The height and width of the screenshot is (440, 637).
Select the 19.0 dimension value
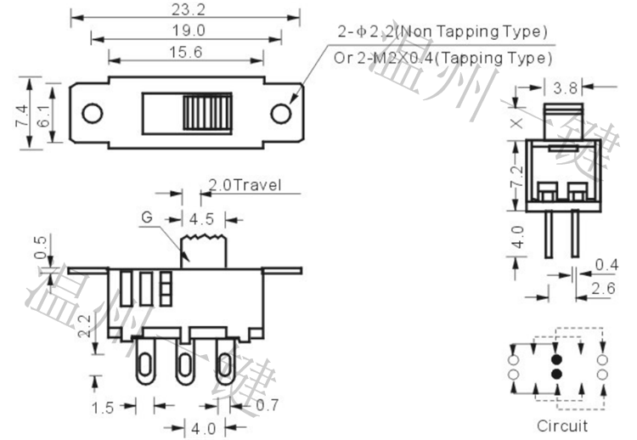[184, 31]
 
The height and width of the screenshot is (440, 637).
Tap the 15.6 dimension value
[184, 53]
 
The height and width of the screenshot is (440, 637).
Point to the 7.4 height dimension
[21, 113]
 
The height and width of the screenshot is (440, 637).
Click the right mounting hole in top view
[279, 113]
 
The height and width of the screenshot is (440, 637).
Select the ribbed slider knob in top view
[207, 113]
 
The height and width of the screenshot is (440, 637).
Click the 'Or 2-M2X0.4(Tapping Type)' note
[442, 58]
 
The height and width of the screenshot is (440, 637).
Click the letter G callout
[146, 217]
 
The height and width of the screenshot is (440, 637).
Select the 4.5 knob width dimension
[201, 219]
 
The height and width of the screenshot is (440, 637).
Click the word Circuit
[561, 426]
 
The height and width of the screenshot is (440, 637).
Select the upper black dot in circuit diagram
[556, 358]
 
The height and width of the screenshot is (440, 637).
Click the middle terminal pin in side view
[184, 363]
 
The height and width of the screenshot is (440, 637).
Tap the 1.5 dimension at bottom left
[102, 408]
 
